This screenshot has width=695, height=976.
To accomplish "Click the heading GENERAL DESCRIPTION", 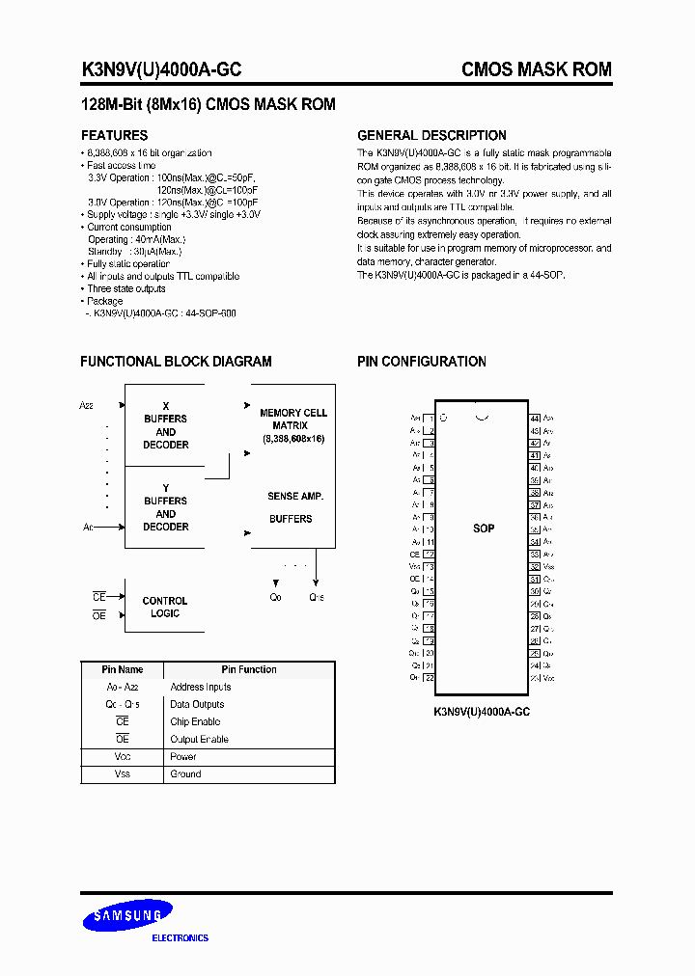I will click(x=431, y=136).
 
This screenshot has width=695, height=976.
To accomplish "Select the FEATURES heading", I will click(x=114, y=136).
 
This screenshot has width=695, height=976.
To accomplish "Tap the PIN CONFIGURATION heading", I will click(x=421, y=362).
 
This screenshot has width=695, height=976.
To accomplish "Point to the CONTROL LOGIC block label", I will click(x=165, y=607).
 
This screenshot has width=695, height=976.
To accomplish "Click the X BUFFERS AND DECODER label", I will click(x=166, y=425).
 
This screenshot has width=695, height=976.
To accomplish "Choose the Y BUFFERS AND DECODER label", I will click(x=166, y=507).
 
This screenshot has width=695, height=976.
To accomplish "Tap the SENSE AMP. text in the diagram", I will click(x=295, y=496).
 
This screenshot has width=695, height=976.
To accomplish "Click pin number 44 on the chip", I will click(x=534, y=418).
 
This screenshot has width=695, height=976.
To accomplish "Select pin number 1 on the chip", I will click(x=430, y=418).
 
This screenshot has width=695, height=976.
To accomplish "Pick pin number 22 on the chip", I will click(x=430, y=678).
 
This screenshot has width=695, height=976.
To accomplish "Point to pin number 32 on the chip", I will click(x=534, y=567).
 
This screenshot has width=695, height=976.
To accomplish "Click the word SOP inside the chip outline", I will click(x=484, y=529).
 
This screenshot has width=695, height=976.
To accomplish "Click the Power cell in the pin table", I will click(x=183, y=757).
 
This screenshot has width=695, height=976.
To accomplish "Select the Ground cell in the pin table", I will click(x=185, y=774).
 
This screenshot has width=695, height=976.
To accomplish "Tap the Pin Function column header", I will click(x=249, y=669).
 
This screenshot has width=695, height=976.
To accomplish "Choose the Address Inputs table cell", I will click(x=201, y=688).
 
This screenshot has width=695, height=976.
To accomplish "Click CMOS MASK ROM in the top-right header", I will click(x=537, y=69).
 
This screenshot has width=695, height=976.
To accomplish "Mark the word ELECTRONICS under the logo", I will click(x=181, y=937).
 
